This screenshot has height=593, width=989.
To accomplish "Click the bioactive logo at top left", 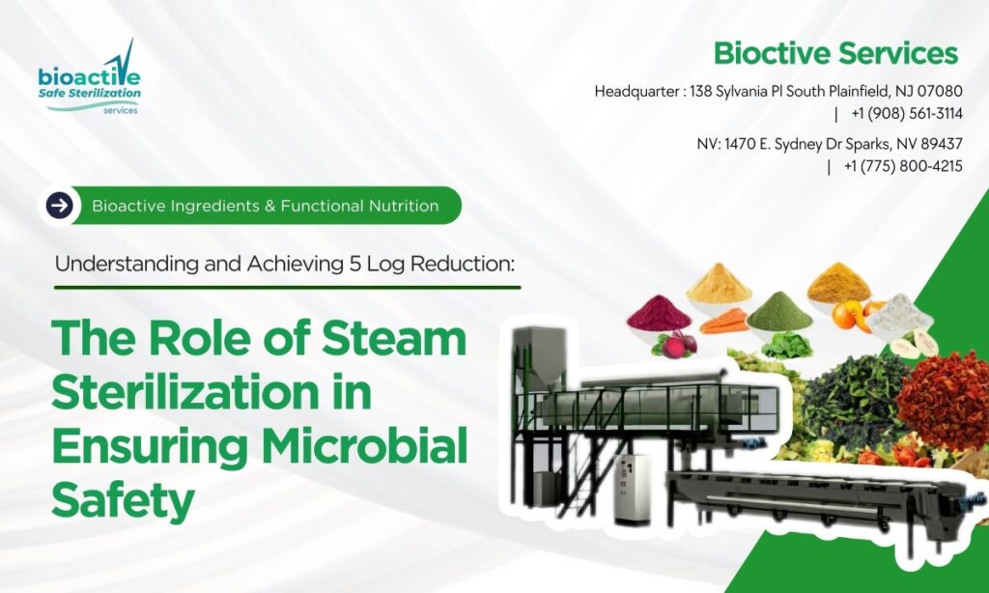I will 90,78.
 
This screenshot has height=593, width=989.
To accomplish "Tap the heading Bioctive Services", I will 835,53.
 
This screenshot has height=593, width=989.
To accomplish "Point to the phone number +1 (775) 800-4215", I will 902,165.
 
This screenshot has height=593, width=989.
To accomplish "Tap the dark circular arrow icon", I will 60,205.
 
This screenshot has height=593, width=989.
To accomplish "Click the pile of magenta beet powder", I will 659,311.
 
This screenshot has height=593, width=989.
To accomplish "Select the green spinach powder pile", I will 778,311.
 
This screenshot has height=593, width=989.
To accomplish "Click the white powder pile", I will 898,311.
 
